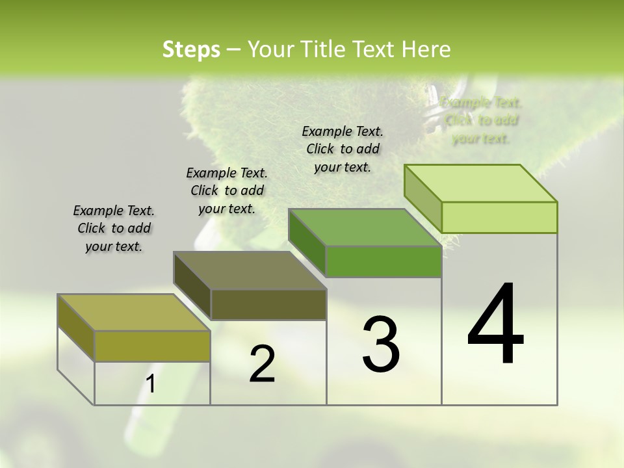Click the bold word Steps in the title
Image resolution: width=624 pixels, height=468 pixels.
191,49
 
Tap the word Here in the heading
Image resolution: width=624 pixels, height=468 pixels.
426,49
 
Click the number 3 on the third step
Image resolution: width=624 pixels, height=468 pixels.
381,344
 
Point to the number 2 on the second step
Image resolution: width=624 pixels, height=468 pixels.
262,364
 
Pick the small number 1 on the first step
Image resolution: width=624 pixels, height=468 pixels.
151,384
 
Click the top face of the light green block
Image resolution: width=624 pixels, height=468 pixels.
481,183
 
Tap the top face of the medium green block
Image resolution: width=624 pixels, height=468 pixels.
365,227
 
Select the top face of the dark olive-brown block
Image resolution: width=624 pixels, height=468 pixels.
250,270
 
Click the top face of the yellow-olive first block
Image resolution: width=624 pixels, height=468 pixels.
134,313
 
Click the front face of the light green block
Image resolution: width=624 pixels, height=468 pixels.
499,217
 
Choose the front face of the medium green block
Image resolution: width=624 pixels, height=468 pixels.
383,261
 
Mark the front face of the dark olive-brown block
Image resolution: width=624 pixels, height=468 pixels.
268,304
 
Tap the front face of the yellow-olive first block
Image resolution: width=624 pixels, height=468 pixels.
152,346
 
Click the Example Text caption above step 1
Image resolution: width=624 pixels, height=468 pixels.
114,228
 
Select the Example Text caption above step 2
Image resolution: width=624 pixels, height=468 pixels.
227,190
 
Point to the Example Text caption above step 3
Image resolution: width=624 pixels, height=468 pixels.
343,149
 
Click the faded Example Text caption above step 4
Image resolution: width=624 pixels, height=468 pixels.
481,120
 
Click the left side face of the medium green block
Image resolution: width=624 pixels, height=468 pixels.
307,242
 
